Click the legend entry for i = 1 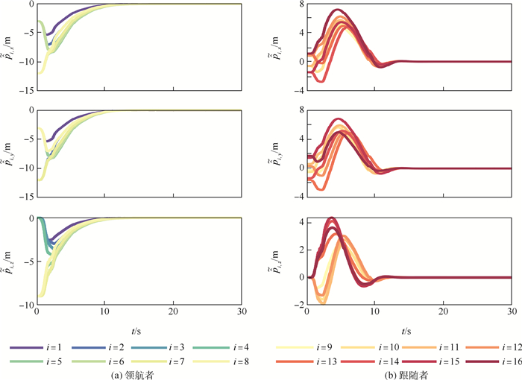tap(44, 348)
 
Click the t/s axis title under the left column tap(139, 330)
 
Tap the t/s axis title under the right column tap(409, 330)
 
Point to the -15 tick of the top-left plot tap(25, 91)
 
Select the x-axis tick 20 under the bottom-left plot tap(173, 311)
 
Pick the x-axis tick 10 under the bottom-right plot tap(375, 311)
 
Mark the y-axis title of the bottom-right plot tap(277, 257)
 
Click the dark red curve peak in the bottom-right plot tap(331, 218)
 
